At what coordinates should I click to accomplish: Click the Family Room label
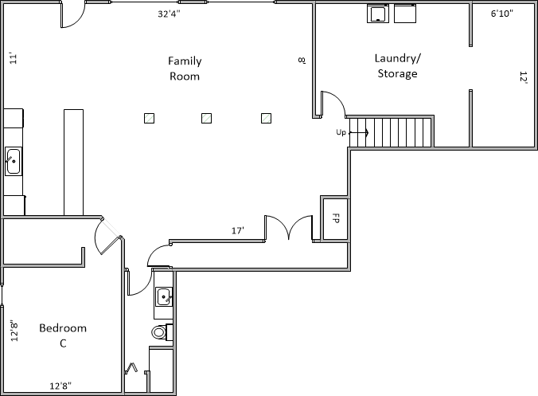tap(185, 69)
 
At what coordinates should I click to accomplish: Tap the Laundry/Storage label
tap(397, 65)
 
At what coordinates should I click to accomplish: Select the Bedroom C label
tap(63, 335)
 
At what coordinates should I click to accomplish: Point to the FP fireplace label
tap(336, 218)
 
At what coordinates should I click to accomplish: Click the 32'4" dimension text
tap(169, 14)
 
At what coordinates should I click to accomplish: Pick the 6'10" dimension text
tap(501, 14)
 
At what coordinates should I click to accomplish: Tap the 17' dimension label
tap(238, 230)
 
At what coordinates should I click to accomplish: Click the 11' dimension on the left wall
tap(13, 58)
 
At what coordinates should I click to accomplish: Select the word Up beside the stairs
tap(341, 132)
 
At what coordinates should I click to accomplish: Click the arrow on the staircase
tap(359, 132)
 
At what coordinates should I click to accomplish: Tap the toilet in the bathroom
tap(162, 332)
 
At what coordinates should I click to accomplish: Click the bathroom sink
tap(164, 296)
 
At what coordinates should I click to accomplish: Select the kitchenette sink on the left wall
tap(14, 161)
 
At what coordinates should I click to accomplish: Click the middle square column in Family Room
tap(206, 118)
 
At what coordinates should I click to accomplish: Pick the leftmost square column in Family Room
tap(149, 118)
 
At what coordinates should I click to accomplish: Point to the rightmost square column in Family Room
tap(267, 118)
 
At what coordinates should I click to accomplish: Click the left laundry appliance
tap(378, 14)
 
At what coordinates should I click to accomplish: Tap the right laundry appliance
tap(405, 14)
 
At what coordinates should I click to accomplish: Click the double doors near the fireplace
tap(289, 228)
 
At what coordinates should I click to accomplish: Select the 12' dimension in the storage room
tap(524, 77)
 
